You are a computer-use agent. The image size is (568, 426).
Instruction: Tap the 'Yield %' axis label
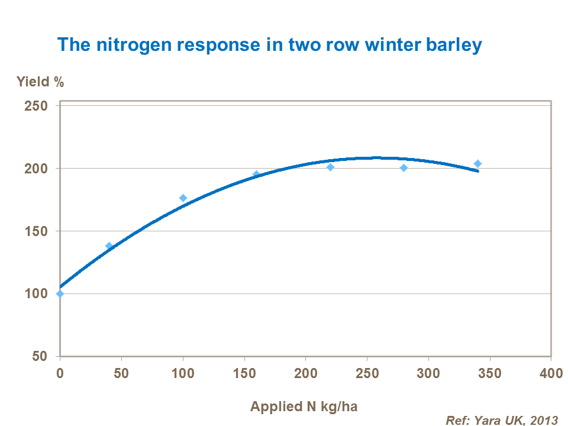pyautogui.click(x=40, y=82)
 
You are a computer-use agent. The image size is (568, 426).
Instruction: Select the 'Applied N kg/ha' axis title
pyautogui.click(x=304, y=406)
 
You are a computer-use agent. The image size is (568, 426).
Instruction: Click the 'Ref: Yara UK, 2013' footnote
pyautogui.click(x=502, y=420)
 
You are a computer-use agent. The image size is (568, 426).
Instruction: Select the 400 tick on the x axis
pyautogui.click(x=551, y=374)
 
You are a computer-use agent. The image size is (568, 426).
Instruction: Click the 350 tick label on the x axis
pyautogui.click(x=490, y=374)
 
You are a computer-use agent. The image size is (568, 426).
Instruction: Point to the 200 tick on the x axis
pyautogui.click(x=305, y=374)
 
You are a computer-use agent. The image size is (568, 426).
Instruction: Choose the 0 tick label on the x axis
pyautogui.click(x=60, y=374)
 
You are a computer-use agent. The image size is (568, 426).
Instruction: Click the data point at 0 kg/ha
pyautogui.click(x=60, y=293)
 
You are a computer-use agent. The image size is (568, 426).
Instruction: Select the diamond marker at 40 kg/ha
pyautogui.click(x=109, y=246)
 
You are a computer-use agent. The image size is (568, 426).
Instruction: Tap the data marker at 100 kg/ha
pyautogui.click(x=183, y=198)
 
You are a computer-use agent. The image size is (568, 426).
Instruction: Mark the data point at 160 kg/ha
pyautogui.click(x=256, y=175)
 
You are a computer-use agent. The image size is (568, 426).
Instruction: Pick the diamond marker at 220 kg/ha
pyautogui.click(x=330, y=167)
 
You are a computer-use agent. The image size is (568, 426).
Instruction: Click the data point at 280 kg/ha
pyautogui.click(x=404, y=168)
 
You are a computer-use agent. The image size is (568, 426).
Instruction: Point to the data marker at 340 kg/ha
pyautogui.click(x=477, y=163)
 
